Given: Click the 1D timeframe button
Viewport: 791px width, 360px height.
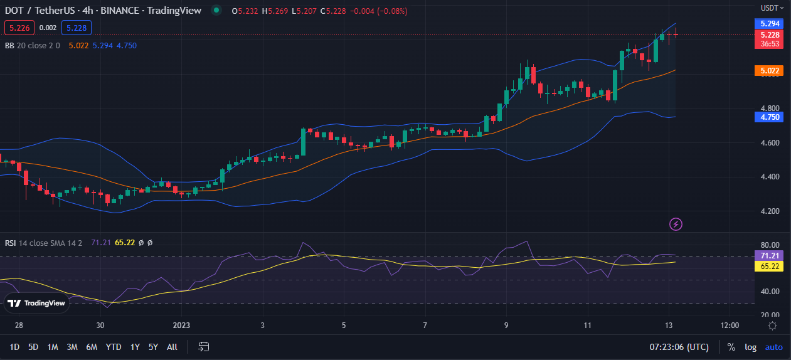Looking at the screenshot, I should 15,346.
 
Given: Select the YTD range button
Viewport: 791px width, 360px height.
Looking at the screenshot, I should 114,346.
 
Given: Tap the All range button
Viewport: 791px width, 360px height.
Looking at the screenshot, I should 172,346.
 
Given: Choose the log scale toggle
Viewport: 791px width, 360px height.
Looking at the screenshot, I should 750,347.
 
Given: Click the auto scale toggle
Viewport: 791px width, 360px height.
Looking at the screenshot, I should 774,347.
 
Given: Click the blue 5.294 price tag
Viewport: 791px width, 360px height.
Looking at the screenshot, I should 770,23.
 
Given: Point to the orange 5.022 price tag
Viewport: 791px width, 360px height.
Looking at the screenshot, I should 770,71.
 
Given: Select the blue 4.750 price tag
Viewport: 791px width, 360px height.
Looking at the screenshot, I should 770,117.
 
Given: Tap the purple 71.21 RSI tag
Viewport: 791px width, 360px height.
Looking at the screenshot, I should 770,256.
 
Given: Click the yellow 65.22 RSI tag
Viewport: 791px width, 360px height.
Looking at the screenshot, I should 770,267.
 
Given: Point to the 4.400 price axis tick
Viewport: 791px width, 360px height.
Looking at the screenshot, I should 770,177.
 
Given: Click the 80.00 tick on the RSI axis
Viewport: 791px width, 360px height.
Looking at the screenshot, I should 770,245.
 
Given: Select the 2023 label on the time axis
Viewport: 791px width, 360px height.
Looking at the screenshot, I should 181,326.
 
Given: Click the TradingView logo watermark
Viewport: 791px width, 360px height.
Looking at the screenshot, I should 36,303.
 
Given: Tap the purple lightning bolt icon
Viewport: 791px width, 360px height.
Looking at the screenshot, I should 676,224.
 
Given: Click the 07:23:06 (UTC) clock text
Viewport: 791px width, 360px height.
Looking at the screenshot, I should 680,347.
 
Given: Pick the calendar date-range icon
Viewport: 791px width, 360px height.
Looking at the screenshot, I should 203,346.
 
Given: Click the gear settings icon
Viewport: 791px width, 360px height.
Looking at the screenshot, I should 772,326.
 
